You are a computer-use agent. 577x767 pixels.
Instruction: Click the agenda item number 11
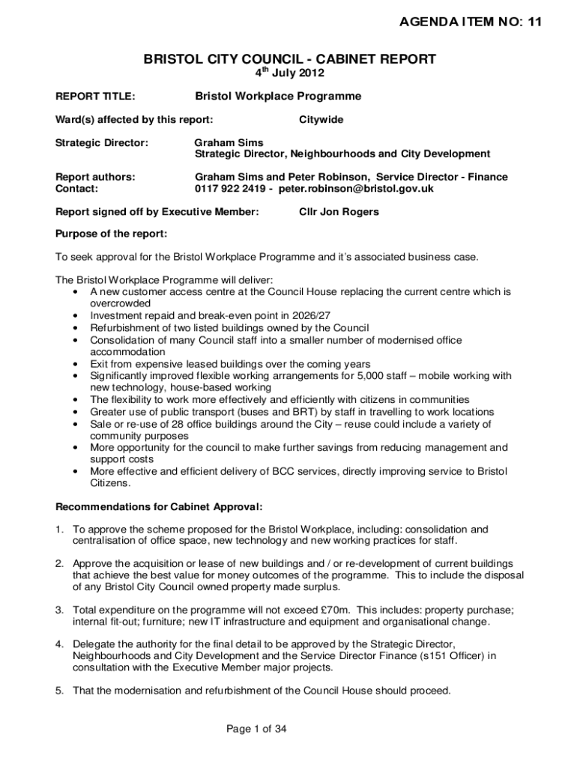point(533,22)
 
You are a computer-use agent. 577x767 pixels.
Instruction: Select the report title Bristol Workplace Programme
point(278,97)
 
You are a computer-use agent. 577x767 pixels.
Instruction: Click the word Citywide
point(321,119)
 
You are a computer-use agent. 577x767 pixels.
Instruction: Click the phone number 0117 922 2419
point(233,190)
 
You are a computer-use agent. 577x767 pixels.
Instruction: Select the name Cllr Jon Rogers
point(339,212)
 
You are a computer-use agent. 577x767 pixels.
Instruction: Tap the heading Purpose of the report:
point(112,234)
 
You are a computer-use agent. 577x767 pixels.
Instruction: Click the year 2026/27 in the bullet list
point(291,316)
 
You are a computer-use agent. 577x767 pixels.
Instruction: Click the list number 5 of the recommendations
point(58,691)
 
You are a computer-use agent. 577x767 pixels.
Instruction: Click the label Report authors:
point(96,178)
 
